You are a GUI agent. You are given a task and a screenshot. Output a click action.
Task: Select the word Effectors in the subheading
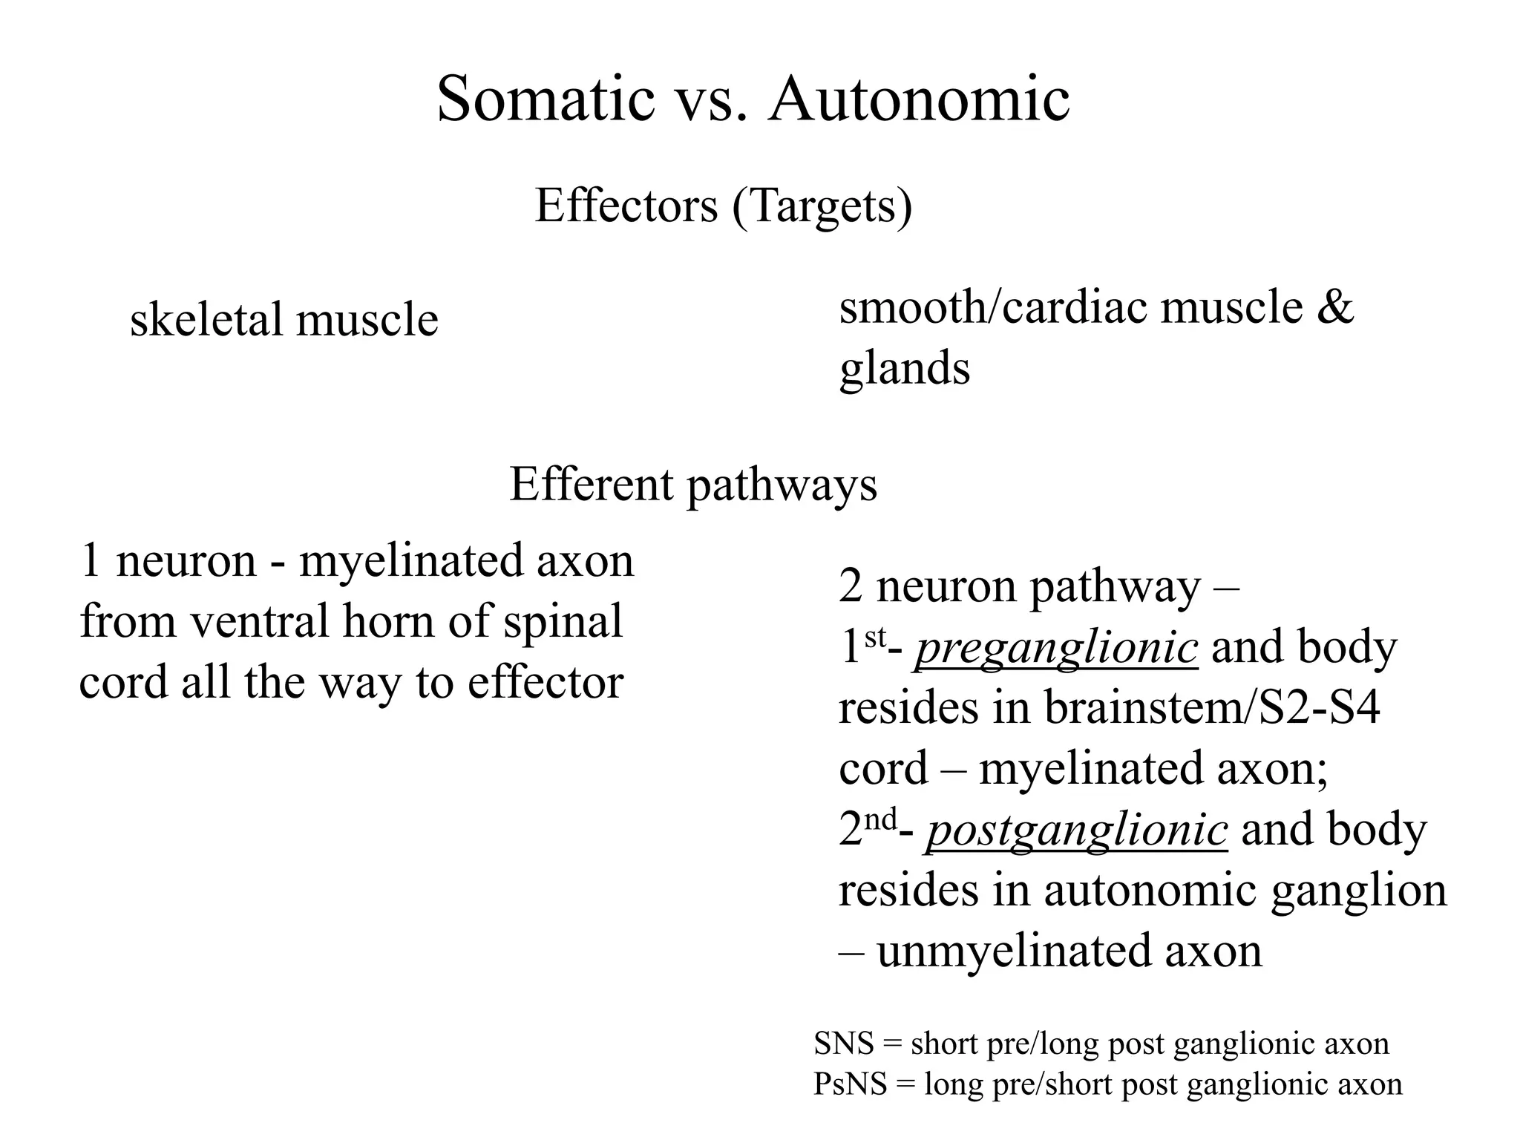tap(626, 206)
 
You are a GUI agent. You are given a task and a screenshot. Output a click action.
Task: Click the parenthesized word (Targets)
tap(822, 207)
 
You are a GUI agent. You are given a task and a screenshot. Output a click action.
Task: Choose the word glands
tap(904, 369)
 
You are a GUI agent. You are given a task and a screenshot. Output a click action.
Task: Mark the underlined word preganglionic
tap(1055, 648)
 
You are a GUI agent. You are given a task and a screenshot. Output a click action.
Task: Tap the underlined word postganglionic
tap(1076, 830)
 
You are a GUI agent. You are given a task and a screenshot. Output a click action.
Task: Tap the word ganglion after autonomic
tap(1358, 890)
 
